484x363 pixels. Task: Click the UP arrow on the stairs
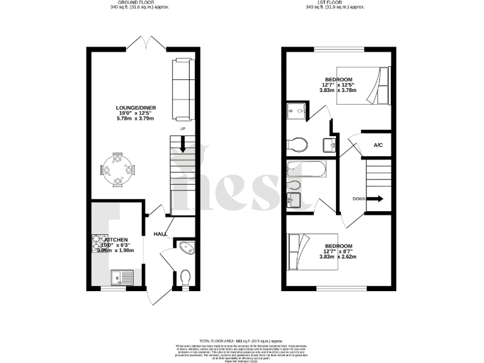click(183, 144)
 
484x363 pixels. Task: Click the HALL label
click(159, 234)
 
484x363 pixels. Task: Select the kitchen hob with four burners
click(100, 243)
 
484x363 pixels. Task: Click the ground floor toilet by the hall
click(185, 277)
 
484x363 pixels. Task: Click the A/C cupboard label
click(378, 146)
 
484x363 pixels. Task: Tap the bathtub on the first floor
click(305, 170)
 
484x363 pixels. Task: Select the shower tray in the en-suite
click(296, 112)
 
